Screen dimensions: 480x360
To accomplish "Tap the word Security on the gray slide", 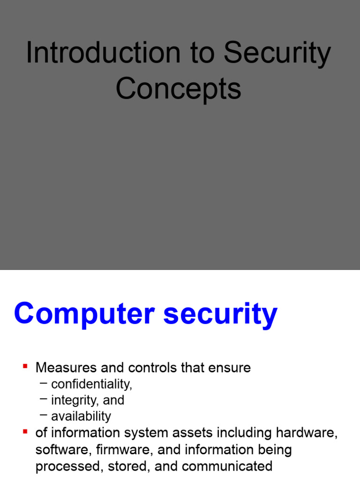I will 277,53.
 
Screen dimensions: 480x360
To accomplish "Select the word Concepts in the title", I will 179,89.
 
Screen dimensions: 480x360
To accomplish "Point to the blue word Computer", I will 84,314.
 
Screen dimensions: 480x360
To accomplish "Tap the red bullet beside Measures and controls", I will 25,366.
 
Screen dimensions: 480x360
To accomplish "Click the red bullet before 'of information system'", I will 25,430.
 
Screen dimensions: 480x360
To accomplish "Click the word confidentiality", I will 91,384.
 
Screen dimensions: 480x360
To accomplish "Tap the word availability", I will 81,416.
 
